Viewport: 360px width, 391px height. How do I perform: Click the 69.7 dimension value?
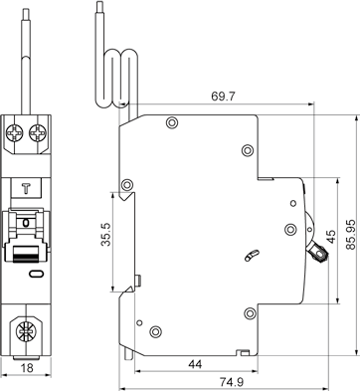click(223, 97)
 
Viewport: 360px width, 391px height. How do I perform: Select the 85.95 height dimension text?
click(350, 234)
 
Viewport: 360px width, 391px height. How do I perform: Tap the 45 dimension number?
click(330, 237)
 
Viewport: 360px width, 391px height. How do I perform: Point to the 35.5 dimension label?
click(106, 234)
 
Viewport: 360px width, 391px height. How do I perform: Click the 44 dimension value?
click(195, 364)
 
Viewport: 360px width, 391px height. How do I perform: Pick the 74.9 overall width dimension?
click(232, 382)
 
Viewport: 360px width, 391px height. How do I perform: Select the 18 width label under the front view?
click(27, 368)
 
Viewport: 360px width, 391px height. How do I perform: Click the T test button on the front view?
click(26, 188)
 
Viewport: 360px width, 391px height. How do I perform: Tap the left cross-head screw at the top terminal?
click(15, 134)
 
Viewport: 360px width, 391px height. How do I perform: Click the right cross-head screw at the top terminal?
click(38, 134)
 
